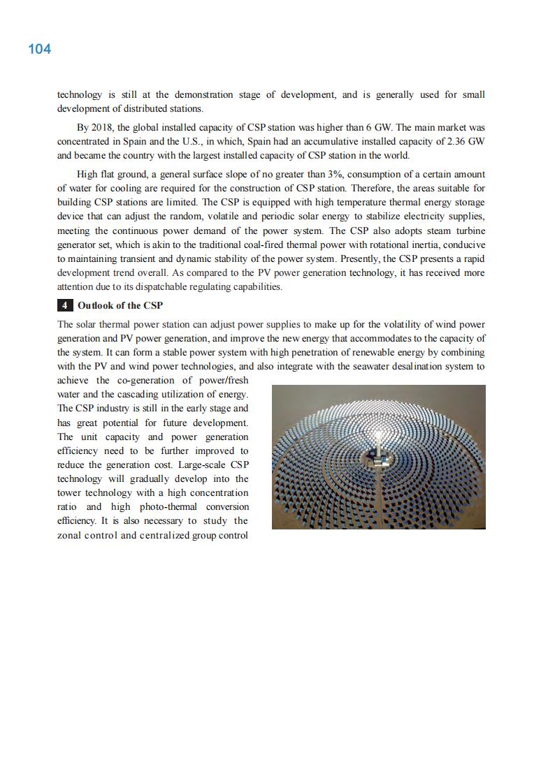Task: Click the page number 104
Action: (39, 49)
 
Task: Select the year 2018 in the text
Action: (103, 128)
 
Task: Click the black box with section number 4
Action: (65, 305)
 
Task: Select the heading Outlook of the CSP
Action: (120, 305)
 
